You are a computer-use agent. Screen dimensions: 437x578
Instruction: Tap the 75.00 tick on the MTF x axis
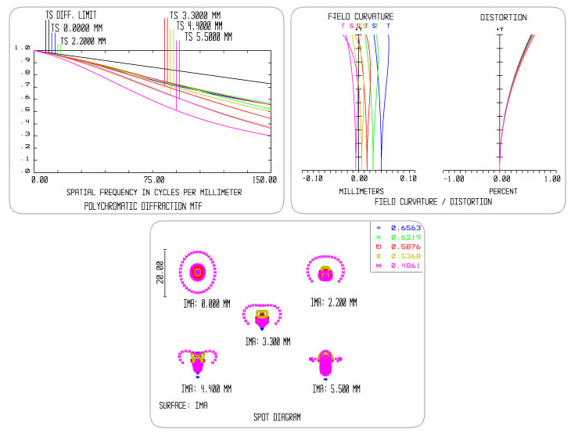pos(153,180)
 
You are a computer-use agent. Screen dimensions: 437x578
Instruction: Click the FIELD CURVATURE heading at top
pos(360,16)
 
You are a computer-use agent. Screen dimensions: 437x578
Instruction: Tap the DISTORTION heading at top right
pos(504,16)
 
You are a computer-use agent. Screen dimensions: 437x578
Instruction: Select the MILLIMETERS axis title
pos(361,191)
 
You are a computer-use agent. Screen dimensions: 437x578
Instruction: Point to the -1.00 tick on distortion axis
pos(452,179)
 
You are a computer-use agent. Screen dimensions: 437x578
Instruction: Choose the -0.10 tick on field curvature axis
pos(313,179)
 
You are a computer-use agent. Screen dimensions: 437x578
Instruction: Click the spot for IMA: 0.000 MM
pos(198,271)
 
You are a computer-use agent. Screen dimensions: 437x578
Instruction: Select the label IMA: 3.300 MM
pos(267,341)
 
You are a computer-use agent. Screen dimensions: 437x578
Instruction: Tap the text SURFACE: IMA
pos(184,405)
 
